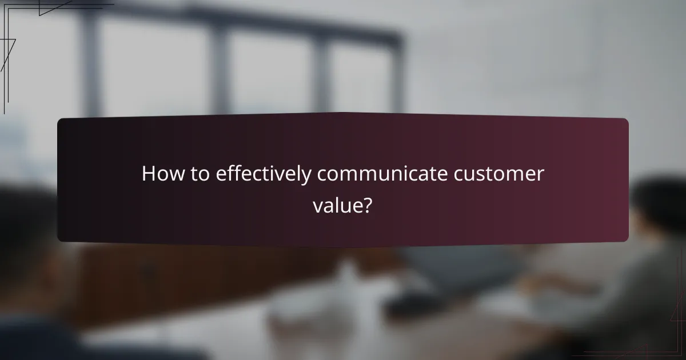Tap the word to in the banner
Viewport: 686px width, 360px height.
point(200,174)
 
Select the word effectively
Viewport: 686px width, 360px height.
point(264,174)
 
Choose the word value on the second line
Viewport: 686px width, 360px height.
point(336,205)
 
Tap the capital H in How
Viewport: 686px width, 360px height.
point(148,174)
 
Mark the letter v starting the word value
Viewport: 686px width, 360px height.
point(317,206)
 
